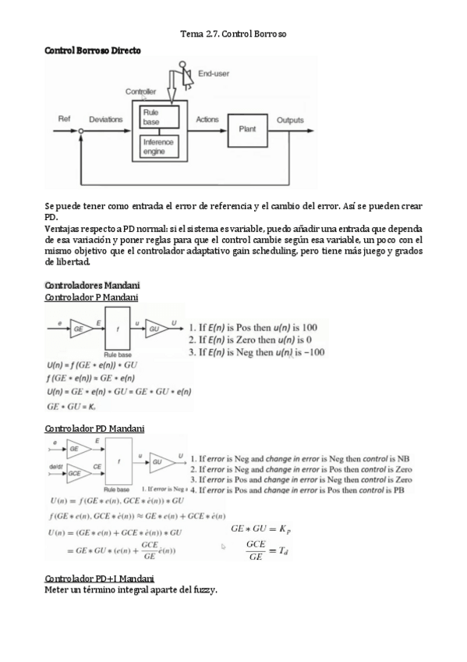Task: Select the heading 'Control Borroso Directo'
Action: click(93, 50)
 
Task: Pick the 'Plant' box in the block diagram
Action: click(246, 129)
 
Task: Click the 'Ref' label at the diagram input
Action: click(65, 119)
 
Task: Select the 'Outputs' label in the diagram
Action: click(291, 120)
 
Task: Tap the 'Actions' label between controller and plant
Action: click(207, 119)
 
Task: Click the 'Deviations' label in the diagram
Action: click(106, 119)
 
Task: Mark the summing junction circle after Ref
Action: click(81, 131)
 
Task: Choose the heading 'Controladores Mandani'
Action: click(92, 285)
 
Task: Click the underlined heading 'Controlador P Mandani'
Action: click(91, 297)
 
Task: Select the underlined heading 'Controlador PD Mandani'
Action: click(94, 429)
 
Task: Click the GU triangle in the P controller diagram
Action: click(156, 329)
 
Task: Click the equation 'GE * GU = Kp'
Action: click(260, 529)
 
